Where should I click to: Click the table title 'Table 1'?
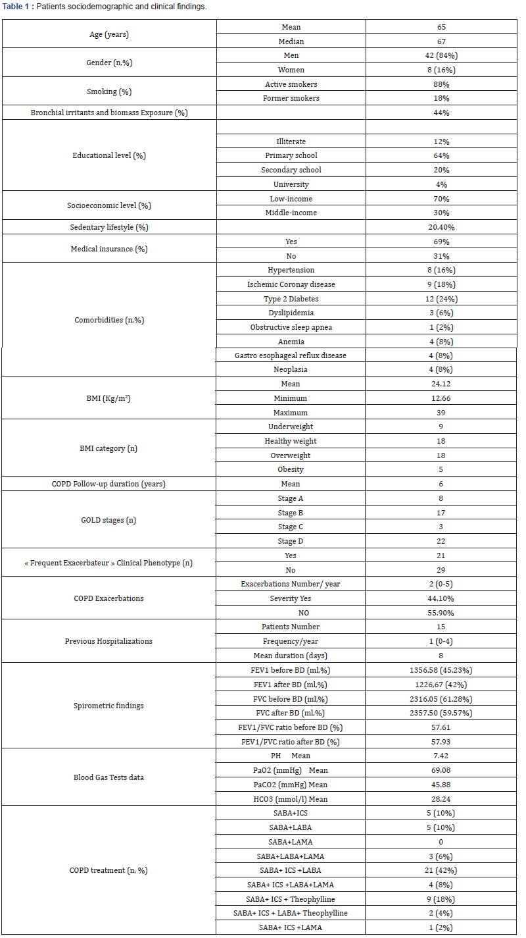pos(20,7)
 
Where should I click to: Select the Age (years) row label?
pos(109,34)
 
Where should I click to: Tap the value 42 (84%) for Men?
pos(441,55)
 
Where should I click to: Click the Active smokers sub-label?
pos(291,84)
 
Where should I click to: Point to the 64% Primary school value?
pos(441,156)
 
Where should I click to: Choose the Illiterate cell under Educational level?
pos(291,142)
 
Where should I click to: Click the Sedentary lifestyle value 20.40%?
pos(441,227)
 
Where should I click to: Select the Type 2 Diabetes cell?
pos(291,299)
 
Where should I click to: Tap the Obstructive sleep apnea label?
pos(291,327)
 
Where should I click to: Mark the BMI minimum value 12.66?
pos(441,398)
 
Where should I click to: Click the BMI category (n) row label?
pos(109,448)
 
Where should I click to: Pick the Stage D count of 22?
pos(441,541)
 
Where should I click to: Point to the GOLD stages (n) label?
pos(109,520)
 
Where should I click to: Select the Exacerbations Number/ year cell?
pos(291,584)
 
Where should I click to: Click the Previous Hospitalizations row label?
pos(109,641)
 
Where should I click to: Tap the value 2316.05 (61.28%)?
pos(441,699)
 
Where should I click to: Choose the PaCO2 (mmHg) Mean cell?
pos(291,785)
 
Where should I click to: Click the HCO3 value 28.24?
pos(441,799)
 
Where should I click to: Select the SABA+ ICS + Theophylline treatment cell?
pos(291,899)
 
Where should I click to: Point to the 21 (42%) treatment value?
pos(441,870)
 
